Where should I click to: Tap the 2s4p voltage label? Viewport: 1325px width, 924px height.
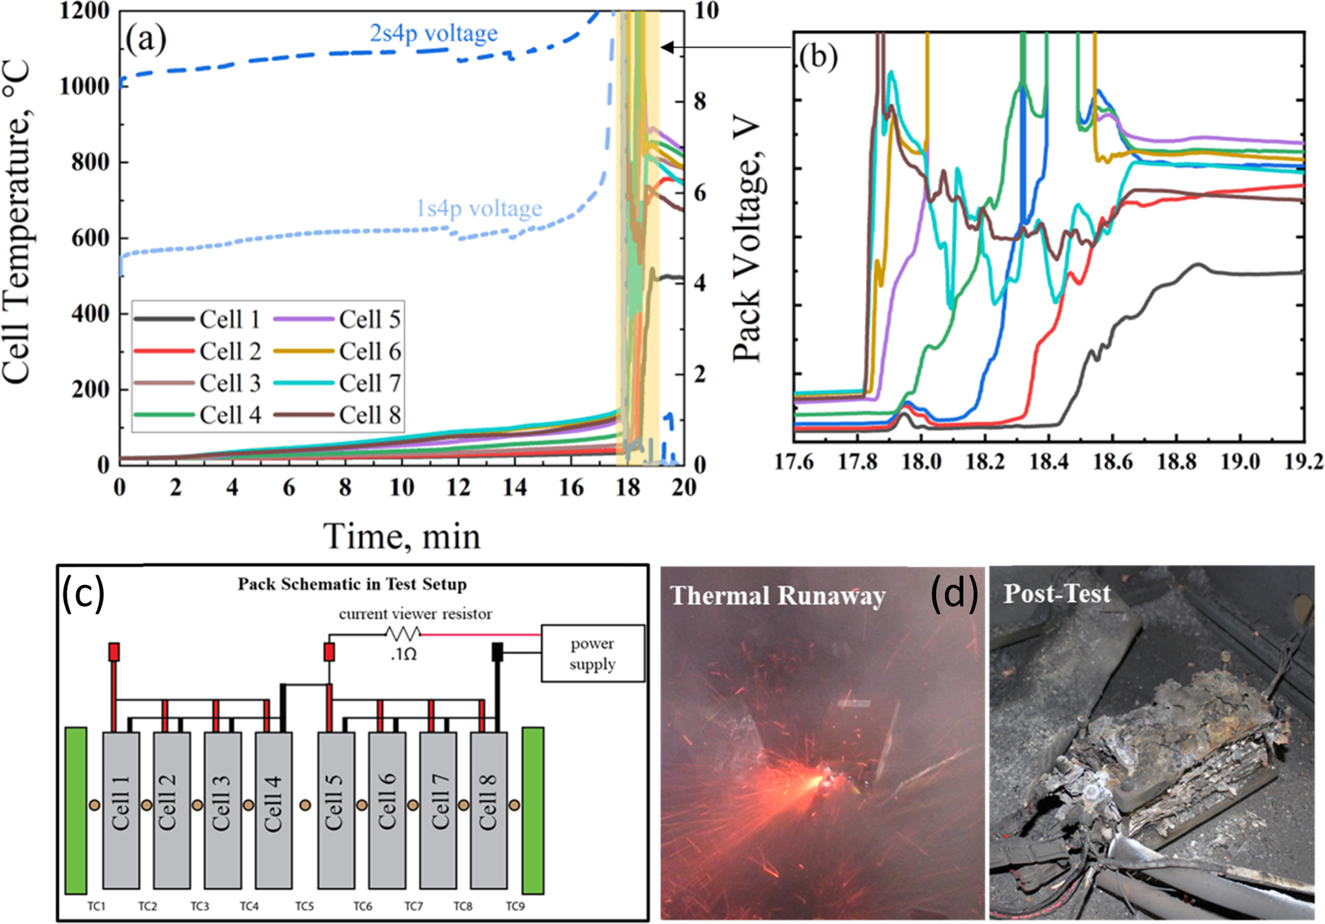433,33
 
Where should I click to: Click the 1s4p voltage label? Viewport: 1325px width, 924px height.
479,209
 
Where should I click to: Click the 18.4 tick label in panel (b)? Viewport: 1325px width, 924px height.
1048,462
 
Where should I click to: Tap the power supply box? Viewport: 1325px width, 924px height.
592,653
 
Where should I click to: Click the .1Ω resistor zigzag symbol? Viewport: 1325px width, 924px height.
403,634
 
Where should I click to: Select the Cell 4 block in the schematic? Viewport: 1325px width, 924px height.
273,810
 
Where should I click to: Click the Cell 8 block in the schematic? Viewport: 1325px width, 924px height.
488,810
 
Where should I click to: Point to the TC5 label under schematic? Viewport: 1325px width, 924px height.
305,906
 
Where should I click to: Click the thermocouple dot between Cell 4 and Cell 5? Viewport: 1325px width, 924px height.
305,805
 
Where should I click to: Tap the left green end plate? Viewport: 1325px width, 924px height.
76,810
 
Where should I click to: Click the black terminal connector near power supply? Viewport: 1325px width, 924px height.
497,652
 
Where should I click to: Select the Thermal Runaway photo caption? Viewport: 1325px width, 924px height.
778,596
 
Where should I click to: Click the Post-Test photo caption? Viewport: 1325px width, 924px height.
1057,593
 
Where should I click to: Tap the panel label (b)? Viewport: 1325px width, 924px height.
818,58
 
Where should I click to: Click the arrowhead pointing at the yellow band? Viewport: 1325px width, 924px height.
667,47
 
